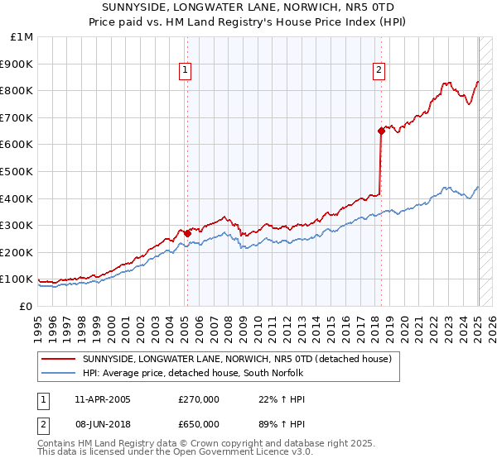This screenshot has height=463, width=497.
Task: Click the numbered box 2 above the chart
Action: tap(379, 70)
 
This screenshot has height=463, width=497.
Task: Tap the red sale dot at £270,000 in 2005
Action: tap(187, 233)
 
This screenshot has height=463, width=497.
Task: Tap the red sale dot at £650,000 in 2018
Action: tap(381, 130)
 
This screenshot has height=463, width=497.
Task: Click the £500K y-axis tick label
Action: tap(17, 172)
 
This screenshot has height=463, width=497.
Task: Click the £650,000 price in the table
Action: tap(199, 426)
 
